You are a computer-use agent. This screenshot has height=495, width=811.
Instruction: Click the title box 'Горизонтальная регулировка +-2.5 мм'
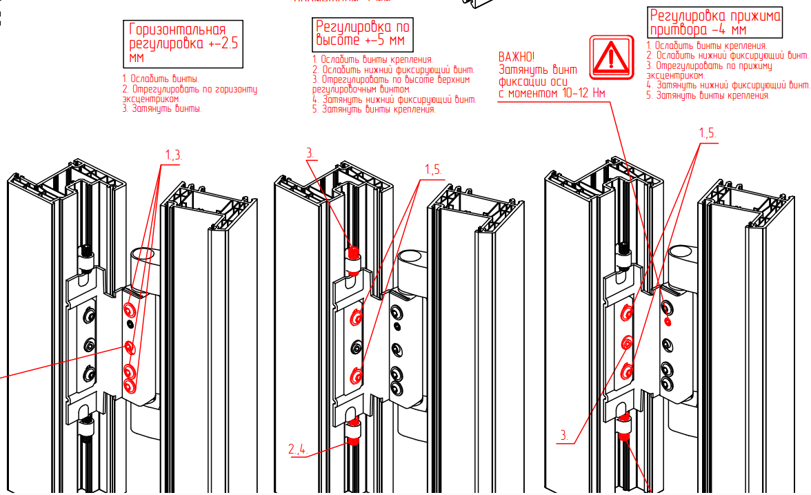tap(185, 43)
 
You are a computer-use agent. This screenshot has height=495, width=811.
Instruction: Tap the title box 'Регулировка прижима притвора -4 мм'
tap(715, 23)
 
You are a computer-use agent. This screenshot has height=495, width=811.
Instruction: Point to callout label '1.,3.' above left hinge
tap(173, 155)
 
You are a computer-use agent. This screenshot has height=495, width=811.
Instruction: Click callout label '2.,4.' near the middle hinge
tap(300, 451)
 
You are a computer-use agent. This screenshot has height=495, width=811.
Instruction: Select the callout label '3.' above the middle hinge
tap(310, 153)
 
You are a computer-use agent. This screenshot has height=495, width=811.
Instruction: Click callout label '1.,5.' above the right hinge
tap(708, 133)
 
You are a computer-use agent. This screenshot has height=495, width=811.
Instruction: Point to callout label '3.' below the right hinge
tap(563, 436)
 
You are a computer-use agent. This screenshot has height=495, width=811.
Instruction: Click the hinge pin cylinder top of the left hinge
tap(143, 255)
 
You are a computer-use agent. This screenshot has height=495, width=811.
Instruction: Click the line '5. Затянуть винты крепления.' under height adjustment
tap(374, 109)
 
